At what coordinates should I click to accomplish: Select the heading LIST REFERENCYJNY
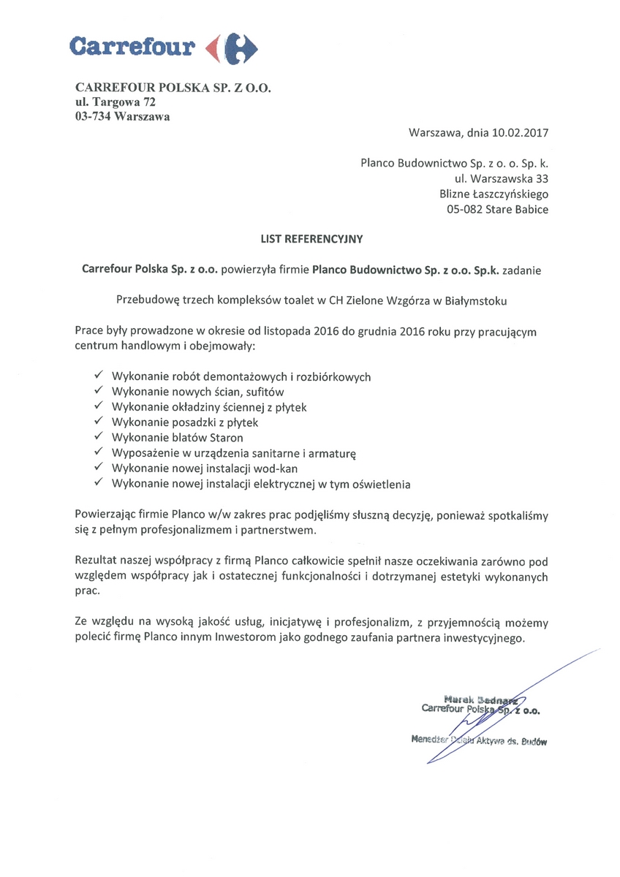pos(310,238)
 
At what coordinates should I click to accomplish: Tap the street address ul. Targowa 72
pos(115,103)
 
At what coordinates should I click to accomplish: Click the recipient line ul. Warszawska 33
pos(501,178)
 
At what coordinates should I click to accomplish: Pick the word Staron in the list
pos(226,438)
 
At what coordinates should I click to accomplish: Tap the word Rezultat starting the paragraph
pos(97,561)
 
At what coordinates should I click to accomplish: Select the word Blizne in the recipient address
pos(457,194)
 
